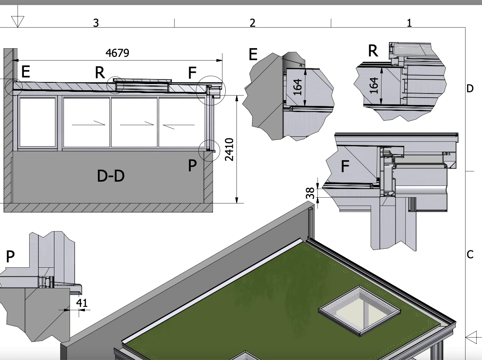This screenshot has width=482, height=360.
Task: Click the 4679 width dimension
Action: point(117,53)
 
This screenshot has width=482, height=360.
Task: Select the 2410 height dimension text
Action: point(229,150)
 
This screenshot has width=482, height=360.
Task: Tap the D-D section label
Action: point(111,176)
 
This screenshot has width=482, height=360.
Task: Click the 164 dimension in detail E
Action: point(297,87)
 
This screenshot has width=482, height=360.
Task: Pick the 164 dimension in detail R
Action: point(374,85)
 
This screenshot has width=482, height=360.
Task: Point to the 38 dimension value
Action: point(311,193)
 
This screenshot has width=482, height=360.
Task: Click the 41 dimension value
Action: point(82,303)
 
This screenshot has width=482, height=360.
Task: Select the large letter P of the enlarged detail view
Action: point(10,256)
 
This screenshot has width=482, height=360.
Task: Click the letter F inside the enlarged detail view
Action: point(345,166)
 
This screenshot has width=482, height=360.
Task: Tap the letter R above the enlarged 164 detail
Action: point(373,51)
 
